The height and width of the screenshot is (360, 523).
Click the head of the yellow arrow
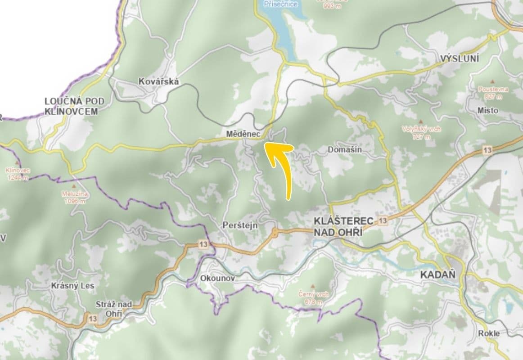coord(266,144)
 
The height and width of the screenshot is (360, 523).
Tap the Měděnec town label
coord(242,134)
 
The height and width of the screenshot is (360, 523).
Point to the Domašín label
coord(345,149)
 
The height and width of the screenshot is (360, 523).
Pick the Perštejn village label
coord(240,225)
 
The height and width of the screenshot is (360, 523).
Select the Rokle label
coord(489,333)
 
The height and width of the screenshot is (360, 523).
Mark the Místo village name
coord(488,110)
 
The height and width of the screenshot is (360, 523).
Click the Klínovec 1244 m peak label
coord(18,174)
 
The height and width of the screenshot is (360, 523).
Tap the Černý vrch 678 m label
coord(314,297)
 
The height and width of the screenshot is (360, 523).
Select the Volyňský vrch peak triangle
coord(421,121)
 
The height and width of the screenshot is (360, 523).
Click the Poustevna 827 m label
coord(493,92)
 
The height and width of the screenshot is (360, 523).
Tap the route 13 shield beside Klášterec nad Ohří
coord(383,220)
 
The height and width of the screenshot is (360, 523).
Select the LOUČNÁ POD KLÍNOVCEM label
coord(71,106)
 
